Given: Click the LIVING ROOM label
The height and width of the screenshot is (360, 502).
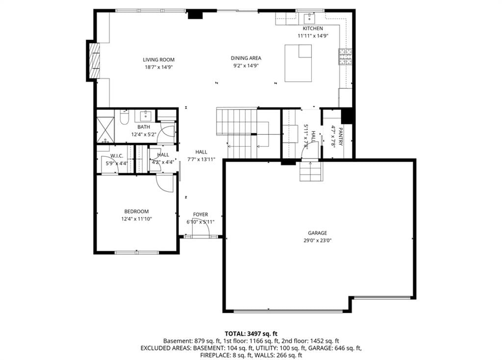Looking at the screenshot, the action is [x=158, y=60].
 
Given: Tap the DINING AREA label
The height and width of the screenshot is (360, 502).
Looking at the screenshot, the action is [x=246, y=58].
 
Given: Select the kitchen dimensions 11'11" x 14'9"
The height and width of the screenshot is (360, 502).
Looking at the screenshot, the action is [x=313, y=36].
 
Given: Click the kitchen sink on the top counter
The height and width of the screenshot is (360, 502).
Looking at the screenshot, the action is [x=310, y=19].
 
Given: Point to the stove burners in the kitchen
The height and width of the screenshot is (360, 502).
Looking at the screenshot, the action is [x=346, y=56].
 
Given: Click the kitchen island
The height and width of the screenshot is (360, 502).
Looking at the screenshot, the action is [x=298, y=63].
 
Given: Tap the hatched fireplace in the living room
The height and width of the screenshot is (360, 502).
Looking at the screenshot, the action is [x=95, y=60].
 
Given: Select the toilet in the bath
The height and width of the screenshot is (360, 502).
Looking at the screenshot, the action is [x=124, y=117].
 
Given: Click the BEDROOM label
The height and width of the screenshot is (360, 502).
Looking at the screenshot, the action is [x=136, y=211].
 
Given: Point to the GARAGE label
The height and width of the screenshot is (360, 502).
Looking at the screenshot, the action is [x=318, y=233].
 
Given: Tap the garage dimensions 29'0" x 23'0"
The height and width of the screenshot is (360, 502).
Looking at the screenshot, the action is [x=318, y=240].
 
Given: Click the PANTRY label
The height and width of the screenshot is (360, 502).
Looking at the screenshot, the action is [x=341, y=137].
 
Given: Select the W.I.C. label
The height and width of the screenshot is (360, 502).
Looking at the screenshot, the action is [x=117, y=156].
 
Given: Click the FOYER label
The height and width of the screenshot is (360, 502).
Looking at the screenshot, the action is [x=201, y=215].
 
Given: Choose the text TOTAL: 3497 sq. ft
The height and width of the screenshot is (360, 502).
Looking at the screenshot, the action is [x=251, y=334].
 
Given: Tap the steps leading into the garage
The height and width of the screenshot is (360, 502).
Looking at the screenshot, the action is [x=310, y=171].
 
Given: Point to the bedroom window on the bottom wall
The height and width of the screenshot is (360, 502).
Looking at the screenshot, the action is [x=137, y=252].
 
